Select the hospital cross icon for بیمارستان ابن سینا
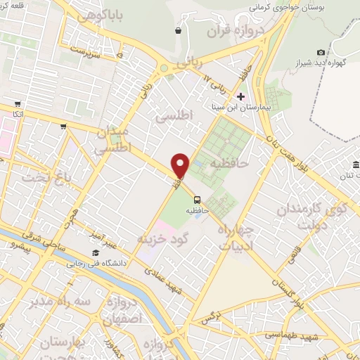pyautogui.click(x=240, y=96)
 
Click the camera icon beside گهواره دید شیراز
pyautogui.click(x=321, y=53)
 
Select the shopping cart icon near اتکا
pyautogui.click(x=63, y=127)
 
